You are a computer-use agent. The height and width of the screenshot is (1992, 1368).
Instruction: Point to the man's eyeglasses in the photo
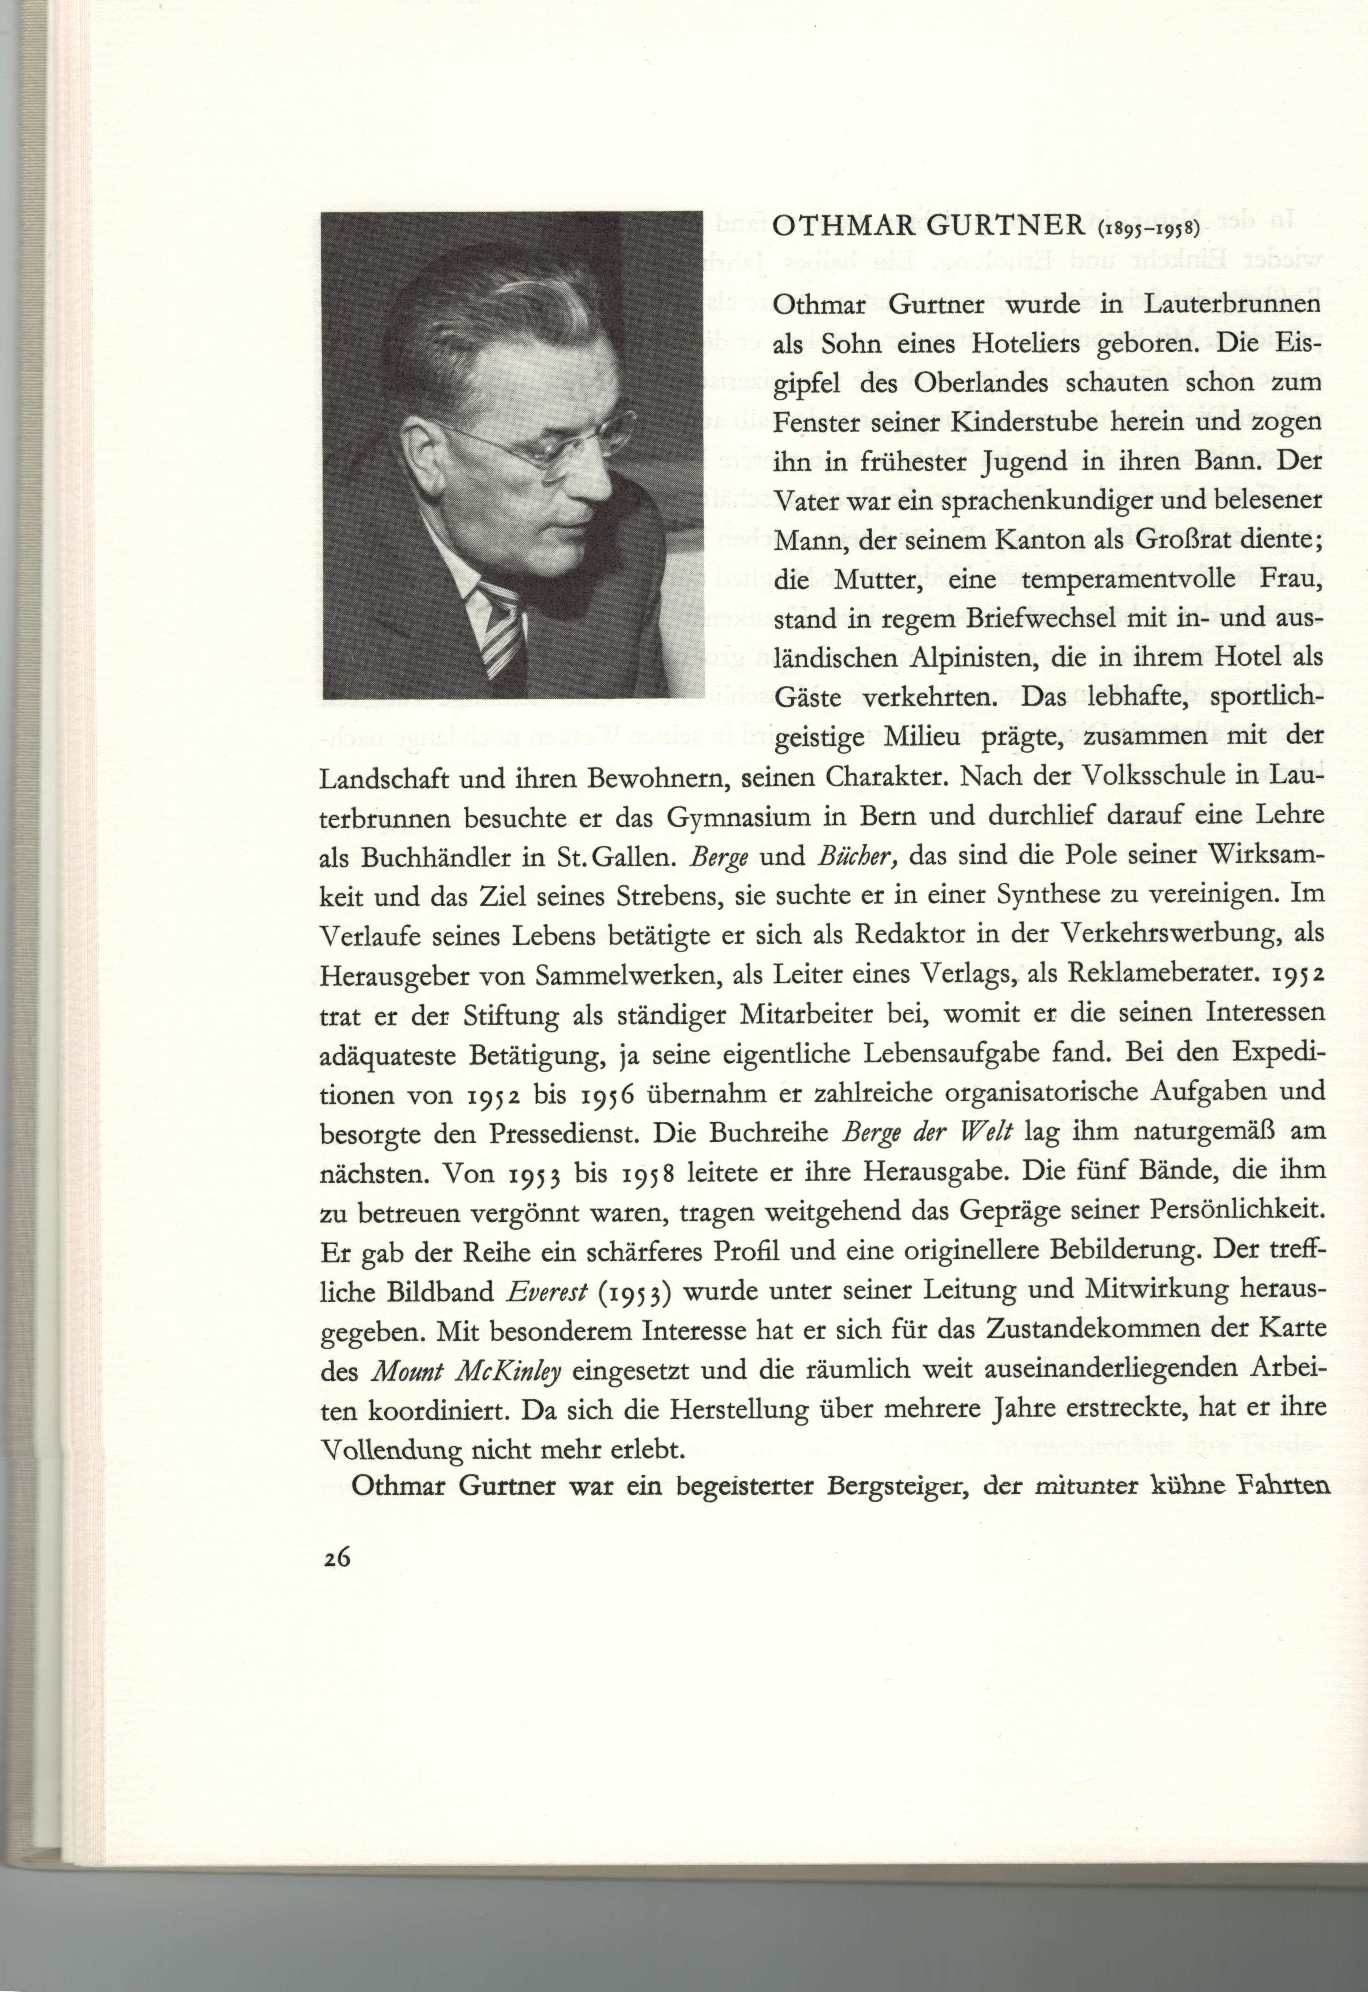click(x=549, y=441)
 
